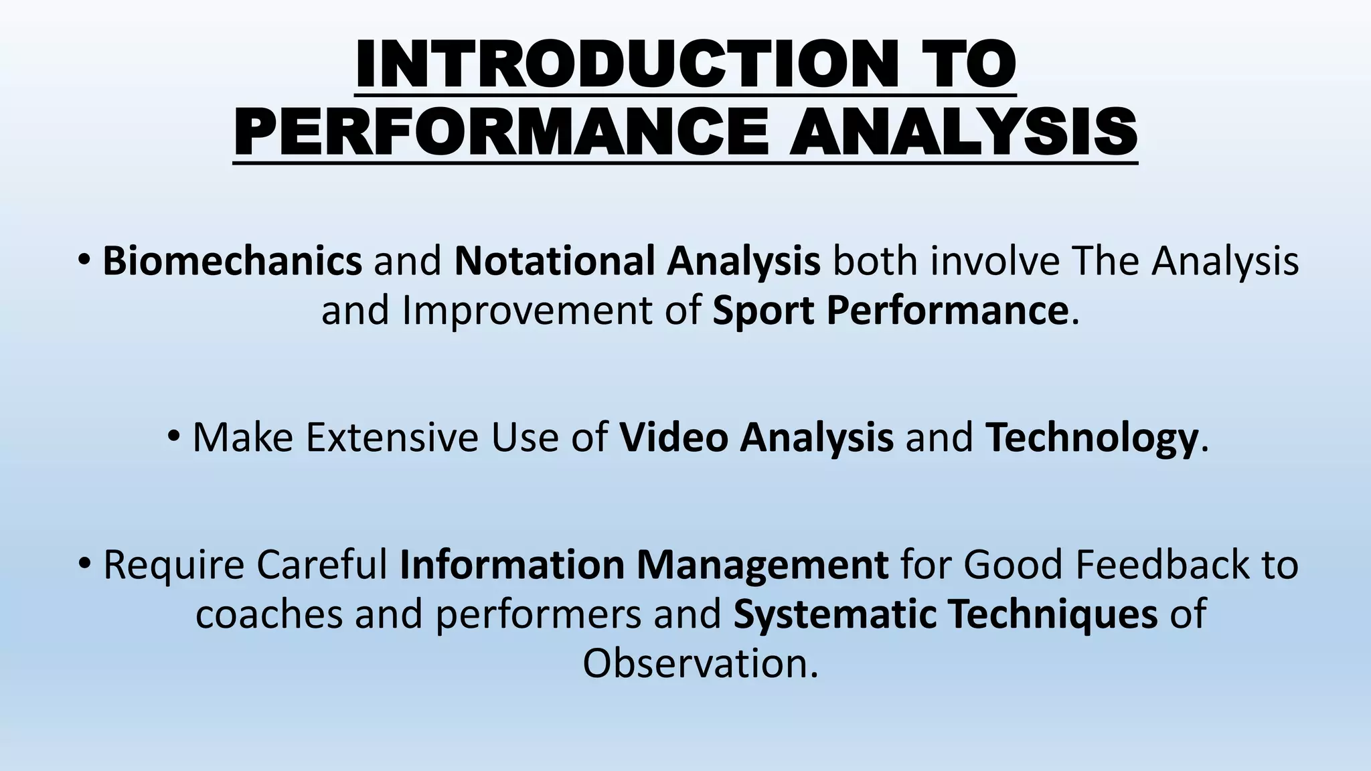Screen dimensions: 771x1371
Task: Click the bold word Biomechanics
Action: point(232,261)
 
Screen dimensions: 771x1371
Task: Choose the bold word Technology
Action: point(1091,437)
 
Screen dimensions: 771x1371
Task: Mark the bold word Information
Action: point(512,564)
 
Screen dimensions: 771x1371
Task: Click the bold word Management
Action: point(762,564)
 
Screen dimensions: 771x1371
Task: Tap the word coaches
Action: point(269,614)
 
